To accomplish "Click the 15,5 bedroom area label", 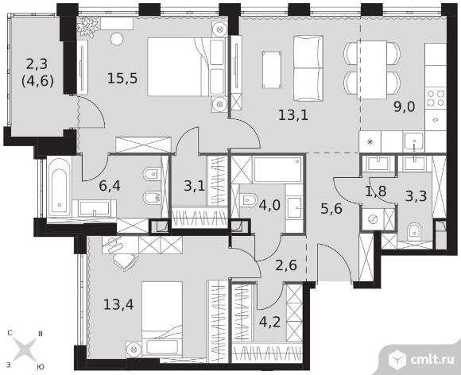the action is tap(122, 79).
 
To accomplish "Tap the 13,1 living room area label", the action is tap(293, 115).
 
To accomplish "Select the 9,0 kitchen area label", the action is tap(405, 106).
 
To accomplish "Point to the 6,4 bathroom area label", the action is tap(110, 186).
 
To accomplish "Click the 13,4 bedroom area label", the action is tap(118, 305).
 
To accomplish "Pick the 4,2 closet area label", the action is tap(269, 322).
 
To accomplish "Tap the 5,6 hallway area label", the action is tap(331, 209).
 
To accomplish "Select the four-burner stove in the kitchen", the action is tap(436, 98).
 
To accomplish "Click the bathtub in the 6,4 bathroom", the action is tap(59, 187).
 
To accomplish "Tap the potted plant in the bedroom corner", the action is tap(87, 26).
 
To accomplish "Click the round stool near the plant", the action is tap(117, 38).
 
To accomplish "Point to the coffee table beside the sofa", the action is tap(271, 70).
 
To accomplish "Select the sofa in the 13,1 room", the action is tap(308, 68).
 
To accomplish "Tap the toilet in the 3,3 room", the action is tap(415, 231).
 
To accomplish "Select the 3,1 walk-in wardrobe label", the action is tap(195, 186).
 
